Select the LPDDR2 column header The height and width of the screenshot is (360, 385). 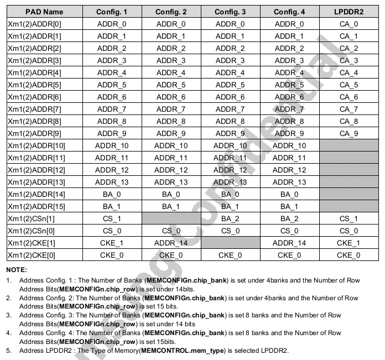[x=348, y=12]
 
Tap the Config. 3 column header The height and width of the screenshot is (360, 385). [x=230, y=12]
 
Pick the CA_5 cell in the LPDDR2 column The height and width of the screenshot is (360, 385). [x=348, y=85]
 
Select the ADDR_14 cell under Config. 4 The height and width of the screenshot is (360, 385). [x=289, y=243]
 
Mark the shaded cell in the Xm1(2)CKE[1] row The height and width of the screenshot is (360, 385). [x=230, y=243]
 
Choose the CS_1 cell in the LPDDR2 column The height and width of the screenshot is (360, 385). [x=348, y=218]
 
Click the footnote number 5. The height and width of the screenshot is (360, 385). [x=8, y=351]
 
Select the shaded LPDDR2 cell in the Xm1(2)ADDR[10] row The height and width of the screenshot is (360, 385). [x=348, y=145]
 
